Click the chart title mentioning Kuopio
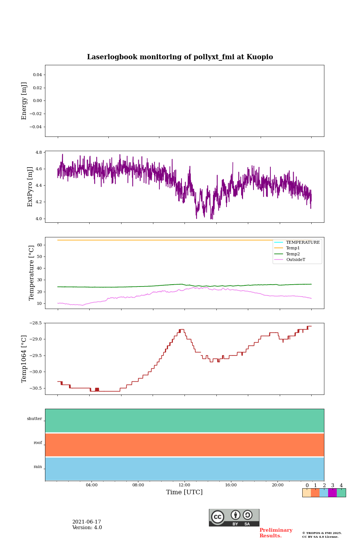[x=180, y=57]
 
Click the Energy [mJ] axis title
[x=24, y=101]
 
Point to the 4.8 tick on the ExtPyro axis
[x=39, y=153]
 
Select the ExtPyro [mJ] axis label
[x=30, y=187]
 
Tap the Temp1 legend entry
[x=292, y=248]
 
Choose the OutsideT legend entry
[x=295, y=259]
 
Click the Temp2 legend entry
[x=292, y=254]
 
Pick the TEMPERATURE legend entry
[x=303, y=242]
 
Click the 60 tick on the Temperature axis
[x=39, y=245]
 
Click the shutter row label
[x=34, y=419]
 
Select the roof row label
[x=38, y=443]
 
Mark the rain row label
[x=38, y=467]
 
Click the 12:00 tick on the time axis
[x=184, y=485]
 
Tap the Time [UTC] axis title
[x=184, y=492]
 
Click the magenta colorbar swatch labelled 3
[x=332, y=493]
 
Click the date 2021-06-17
[x=87, y=522]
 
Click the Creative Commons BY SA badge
[x=234, y=517]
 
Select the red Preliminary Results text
[x=276, y=533]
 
